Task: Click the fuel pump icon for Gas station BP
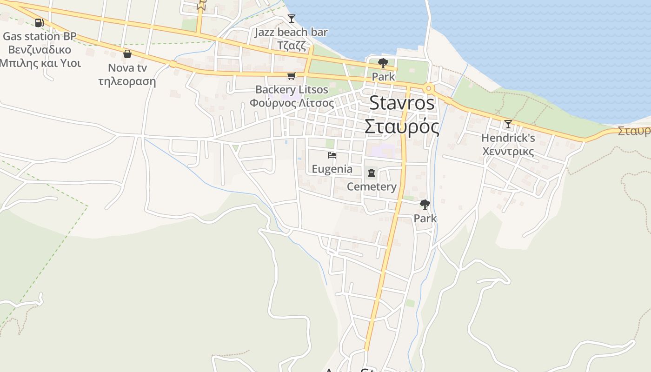click(40, 22)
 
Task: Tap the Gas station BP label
click(40, 36)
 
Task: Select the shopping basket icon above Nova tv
click(127, 54)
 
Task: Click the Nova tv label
click(127, 68)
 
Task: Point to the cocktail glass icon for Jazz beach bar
click(292, 19)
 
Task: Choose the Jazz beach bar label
click(291, 32)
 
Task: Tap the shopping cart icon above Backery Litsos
click(292, 76)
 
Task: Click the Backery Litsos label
click(292, 89)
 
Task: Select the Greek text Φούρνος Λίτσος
click(292, 103)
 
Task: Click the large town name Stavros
click(402, 103)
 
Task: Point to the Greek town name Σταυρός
click(402, 126)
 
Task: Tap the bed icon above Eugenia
click(332, 155)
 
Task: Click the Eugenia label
click(332, 169)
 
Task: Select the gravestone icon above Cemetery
click(372, 173)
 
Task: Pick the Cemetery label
click(372, 187)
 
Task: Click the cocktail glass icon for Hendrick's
click(508, 124)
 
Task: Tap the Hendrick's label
click(508, 138)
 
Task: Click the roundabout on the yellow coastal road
click(428, 88)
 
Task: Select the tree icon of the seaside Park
click(383, 63)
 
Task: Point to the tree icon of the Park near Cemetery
click(425, 204)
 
